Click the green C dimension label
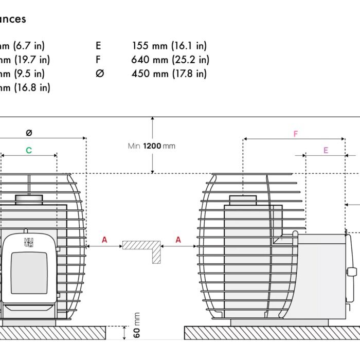click(x=29, y=150)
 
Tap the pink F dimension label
click(x=296, y=134)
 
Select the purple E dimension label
click(x=326, y=150)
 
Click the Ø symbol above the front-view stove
click(x=29, y=133)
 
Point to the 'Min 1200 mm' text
click(x=151, y=146)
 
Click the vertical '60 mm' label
click(x=137, y=325)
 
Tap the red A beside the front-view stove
click(x=104, y=240)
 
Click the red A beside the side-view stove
click(x=178, y=240)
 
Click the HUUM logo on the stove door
click(x=28, y=242)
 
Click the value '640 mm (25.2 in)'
click(x=170, y=60)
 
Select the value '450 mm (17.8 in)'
click(x=169, y=74)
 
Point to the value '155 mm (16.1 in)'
click(x=169, y=46)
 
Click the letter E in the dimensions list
click(x=98, y=46)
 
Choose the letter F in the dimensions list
click(x=98, y=60)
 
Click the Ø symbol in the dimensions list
click(x=100, y=74)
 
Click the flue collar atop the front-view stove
click(x=29, y=199)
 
